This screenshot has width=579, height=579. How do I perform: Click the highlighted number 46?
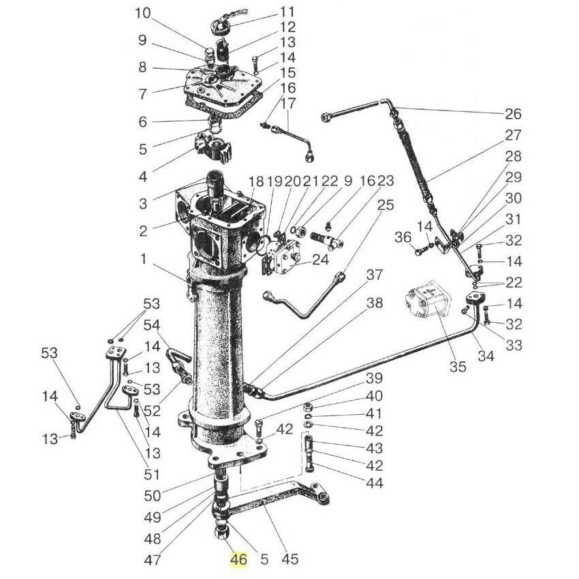pyautogui.click(x=238, y=560)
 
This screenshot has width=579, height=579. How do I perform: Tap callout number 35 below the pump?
pyautogui.click(x=458, y=366)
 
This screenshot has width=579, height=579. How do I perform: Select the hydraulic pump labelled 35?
pyautogui.click(x=428, y=301)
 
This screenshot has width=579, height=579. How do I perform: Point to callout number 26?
pyautogui.click(x=513, y=114)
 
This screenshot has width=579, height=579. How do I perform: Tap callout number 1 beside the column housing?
pyautogui.click(x=144, y=259)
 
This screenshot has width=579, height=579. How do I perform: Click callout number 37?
pyautogui.click(x=375, y=275)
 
